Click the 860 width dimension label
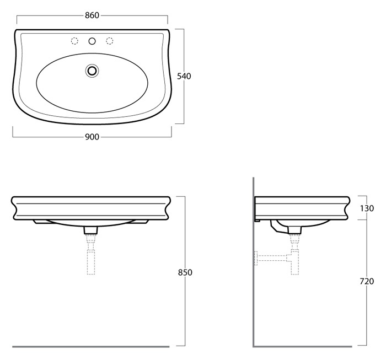point(92,15)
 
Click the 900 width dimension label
point(92,137)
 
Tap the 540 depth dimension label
point(184,76)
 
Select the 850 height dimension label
point(185,273)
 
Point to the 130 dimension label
point(367,208)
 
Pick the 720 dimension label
point(367,281)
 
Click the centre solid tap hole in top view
point(92,41)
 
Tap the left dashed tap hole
point(74,41)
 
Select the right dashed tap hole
point(110,41)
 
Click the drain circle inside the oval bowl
point(92,71)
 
